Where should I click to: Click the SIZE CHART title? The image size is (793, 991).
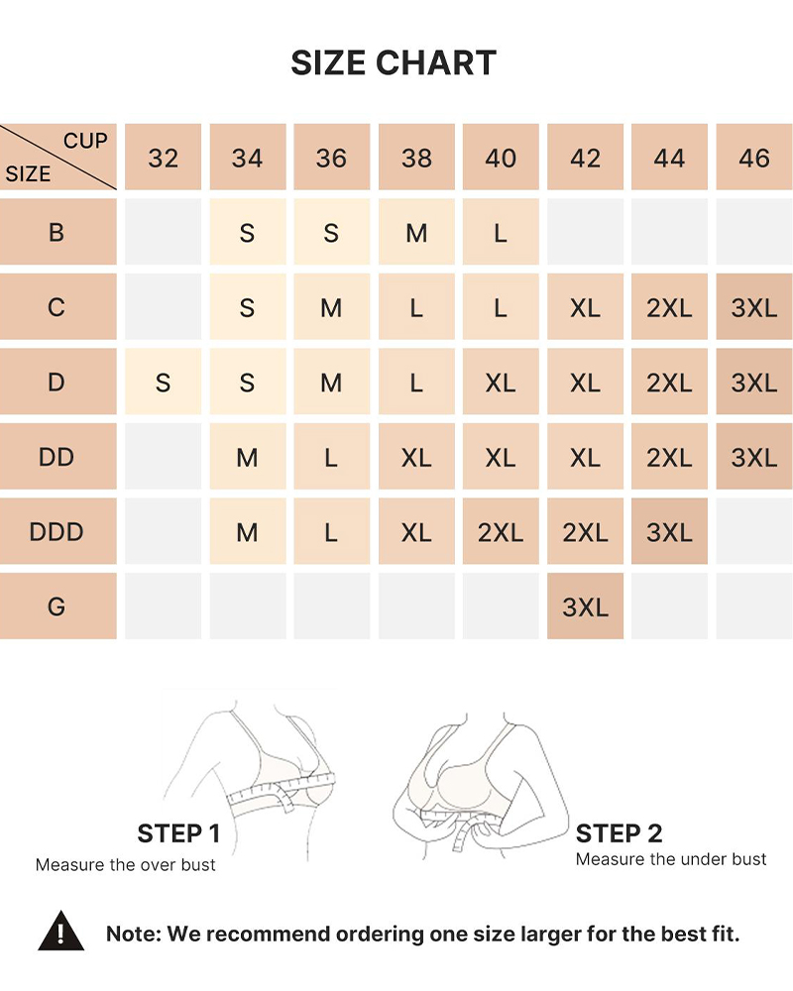[x=394, y=62]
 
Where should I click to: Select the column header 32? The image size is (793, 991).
[x=164, y=157]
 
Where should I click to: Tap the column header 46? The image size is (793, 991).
[x=753, y=157]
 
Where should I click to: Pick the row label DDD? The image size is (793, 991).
[x=57, y=531]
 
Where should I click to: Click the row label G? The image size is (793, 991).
[x=57, y=606]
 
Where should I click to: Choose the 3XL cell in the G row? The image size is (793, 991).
[x=585, y=606]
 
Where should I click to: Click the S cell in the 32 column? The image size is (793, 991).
[x=164, y=382]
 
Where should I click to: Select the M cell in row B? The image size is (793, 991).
[x=416, y=232]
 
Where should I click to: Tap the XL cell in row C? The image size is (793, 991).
[x=585, y=306]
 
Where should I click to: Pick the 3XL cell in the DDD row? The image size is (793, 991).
[x=669, y=531]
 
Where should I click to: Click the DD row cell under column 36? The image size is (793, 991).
[x=331, y=456]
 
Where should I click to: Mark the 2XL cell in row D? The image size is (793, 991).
[x=669, y=382]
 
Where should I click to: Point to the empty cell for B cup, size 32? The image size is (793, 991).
[x=164, y=232]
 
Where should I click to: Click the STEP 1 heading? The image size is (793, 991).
[x=179, y=833]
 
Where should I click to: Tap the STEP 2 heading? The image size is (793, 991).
[x=620, y=833]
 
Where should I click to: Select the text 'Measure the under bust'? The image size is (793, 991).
[x=671, y=859]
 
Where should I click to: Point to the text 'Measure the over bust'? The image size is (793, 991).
[x=125, y=864]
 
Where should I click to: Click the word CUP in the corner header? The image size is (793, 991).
[x=85, y=141]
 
